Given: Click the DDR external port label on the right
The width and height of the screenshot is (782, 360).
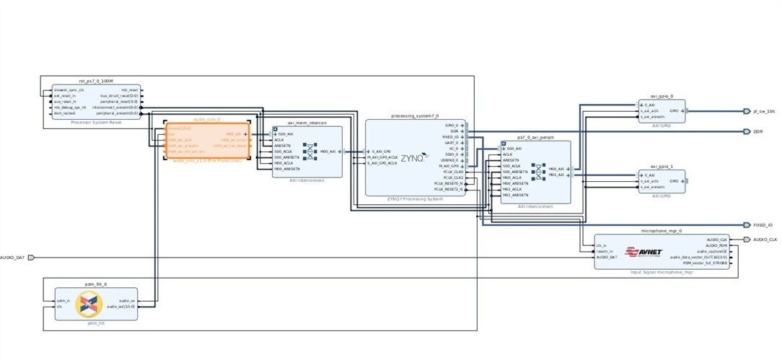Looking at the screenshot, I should coord(758,131).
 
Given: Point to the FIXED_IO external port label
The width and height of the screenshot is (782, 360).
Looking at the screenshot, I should coord(763,225).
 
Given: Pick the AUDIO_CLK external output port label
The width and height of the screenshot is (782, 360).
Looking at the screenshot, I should coord(765,240).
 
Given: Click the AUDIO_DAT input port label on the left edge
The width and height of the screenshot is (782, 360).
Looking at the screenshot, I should coord(12,257).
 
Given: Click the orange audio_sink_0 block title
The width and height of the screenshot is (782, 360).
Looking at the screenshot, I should coord(207,119).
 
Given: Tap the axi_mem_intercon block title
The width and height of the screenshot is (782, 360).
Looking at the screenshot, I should coord(307,123).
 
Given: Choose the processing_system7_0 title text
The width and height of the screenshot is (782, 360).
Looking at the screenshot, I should coord(415,115).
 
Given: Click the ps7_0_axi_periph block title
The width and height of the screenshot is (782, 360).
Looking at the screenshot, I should coord(535,138).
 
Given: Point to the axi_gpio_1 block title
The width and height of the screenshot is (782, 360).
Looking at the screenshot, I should coord(662,166).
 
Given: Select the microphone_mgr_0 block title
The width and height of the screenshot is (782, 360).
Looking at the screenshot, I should coord(661,231).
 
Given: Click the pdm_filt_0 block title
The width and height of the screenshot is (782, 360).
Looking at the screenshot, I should coord(95,284).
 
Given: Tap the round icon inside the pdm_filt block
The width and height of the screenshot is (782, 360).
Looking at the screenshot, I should coord(90,306).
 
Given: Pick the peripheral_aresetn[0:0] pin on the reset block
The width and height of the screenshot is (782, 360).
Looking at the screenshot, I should coord(120,113).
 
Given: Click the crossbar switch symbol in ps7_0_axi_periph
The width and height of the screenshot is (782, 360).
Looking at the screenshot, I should coord(537,171).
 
